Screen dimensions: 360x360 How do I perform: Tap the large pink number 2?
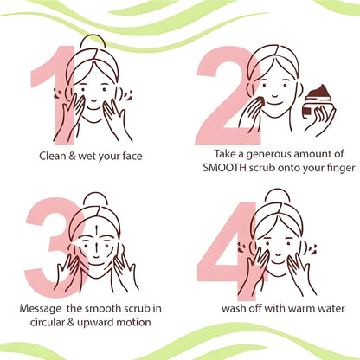pyautogui.click(x=228, y=95)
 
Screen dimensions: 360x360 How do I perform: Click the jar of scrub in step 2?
pyautogui.click(x=318, y=102)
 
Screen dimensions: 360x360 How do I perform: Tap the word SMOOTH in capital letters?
pyautogui.click(x=225, y=168)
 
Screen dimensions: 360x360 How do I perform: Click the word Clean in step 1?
pyautogui.click(x=53, y=156)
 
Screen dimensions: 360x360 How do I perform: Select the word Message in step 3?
pyautogui.click(x=41, y=308)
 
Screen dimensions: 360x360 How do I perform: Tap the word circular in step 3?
pyautogui.click(x=47, y=322)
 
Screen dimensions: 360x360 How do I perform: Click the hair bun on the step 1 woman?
pyautogui.click(x=93, y=42)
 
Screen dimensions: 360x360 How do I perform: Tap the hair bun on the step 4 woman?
pyautogui.click(x=278, y=196)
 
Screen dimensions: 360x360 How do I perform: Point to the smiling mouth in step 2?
pyautogui.click(x=275, y=102)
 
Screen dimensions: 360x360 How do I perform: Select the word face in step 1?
pyautogui.click(x=132, y=156)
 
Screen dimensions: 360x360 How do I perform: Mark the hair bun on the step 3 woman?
pyautogui.click(x=96, y=199)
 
